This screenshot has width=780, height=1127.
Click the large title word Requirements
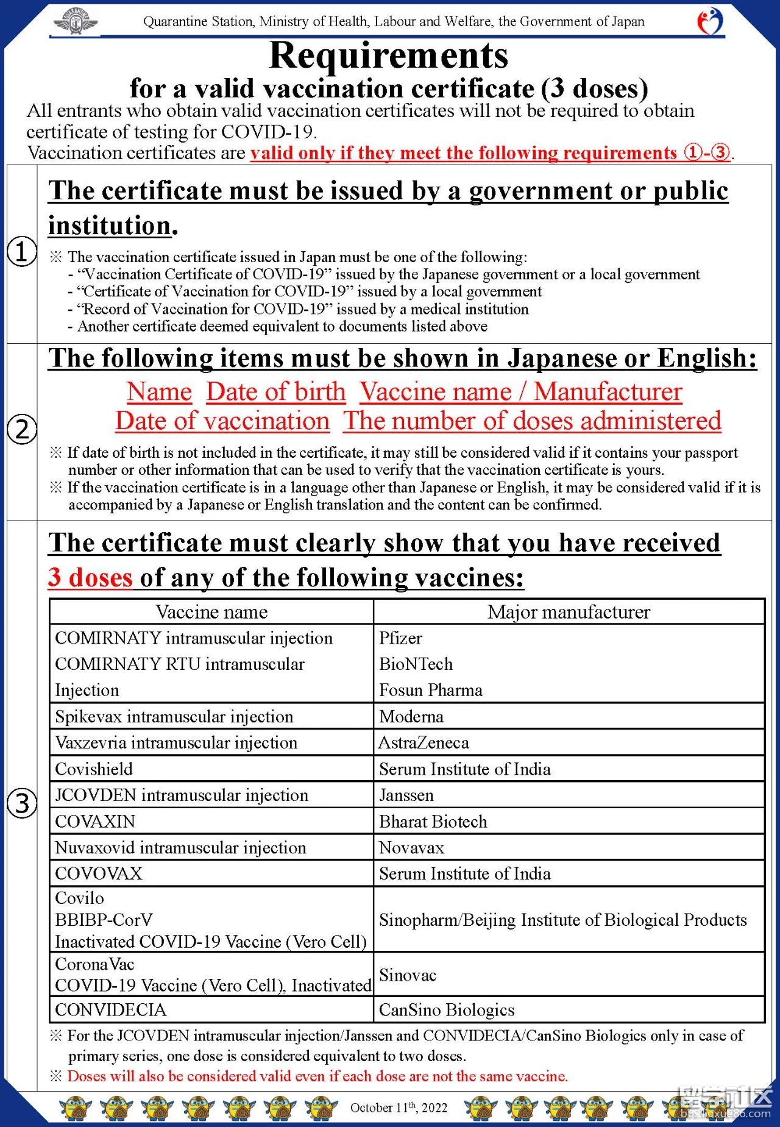[x=388, y=55]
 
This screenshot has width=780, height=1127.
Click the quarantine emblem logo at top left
[x=76, y=22]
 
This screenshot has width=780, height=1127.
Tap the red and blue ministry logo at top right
[x=710, y=21]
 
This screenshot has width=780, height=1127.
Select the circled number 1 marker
[x=22, y=252]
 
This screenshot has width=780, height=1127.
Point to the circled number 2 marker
[x=22, y=430]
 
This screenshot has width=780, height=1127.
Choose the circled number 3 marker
[x=22, y=803]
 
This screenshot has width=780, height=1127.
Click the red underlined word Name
[x=159, y=392]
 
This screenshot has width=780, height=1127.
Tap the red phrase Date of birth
[x=276, y=392]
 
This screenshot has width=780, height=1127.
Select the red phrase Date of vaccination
[x=222, y=421]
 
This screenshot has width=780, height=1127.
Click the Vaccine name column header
[x=211, y=612]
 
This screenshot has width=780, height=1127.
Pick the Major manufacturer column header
[x=569, y=612]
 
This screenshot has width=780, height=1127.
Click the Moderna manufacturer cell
[x=411, y=716]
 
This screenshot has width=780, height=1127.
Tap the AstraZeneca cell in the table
[x=424, y=742]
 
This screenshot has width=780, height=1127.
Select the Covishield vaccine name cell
[x=94, y=769]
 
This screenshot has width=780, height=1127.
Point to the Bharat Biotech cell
[x=433, y=822]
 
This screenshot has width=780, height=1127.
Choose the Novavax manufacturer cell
[x=412, y=848]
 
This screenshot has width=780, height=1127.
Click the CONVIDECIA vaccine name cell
[x=110, y=1010]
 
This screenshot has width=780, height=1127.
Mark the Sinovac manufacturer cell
[x=408, y=975]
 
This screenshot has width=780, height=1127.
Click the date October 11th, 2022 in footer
[x=399, y=1107]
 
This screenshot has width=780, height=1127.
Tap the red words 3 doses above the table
[x=90, y=577]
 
